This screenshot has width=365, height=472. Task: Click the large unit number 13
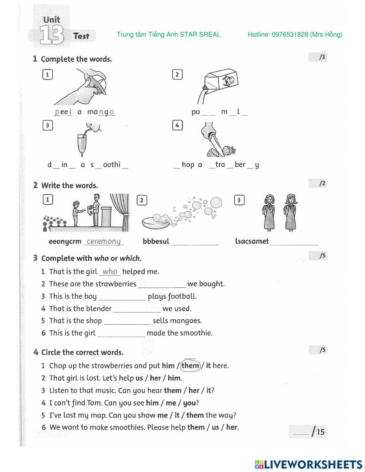pos(51,35)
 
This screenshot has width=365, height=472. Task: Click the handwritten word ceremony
pos(104,241)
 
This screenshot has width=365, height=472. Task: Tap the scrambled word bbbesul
pos(156,241)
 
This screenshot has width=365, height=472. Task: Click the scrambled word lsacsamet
pos(252,241)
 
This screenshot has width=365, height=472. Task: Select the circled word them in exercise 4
pos(191,365)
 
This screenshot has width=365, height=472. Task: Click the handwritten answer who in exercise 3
pos(110,271)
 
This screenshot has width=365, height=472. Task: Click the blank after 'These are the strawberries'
pos(162,284)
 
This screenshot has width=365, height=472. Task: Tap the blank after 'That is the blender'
pos(137,309)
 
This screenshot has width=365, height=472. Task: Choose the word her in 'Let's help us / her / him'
pos(155,378)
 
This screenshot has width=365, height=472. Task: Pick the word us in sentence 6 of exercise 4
pos(215,427)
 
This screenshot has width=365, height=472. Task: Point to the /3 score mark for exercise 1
pos(321,57)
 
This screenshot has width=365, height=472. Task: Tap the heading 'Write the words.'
pos(69,185)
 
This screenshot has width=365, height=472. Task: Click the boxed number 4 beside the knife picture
pos(177,125)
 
